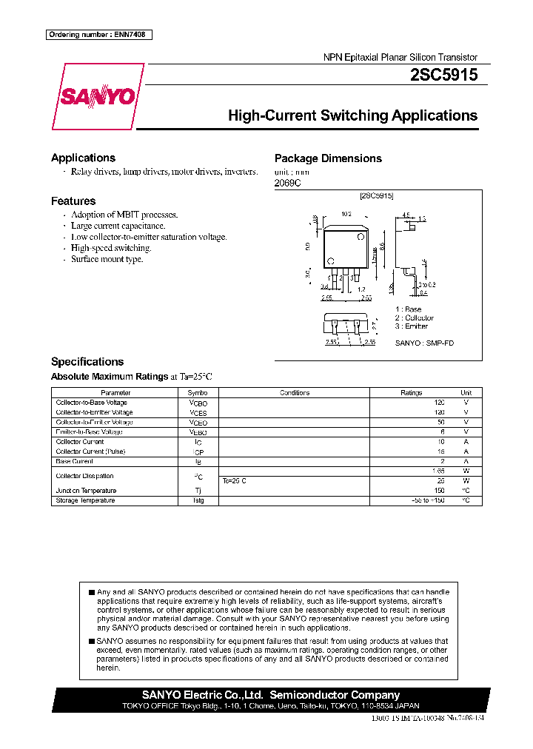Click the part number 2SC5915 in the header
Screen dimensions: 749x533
(x=443, y=75)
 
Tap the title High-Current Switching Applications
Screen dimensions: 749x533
(x=352, y=115)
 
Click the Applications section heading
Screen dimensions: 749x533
(x=83, y=158)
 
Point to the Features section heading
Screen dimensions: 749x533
(x=73, y=201)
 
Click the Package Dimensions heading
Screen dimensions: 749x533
(x=328, y=158)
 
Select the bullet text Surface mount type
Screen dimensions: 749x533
(x=107, y=259)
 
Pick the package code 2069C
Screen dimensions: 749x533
(x=288, y=183)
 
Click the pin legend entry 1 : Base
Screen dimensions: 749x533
(x=408, y=309)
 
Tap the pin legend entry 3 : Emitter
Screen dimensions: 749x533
(x=411, y=326)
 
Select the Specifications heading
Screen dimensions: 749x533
(x=87, y=362)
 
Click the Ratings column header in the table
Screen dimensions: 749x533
(x=412, y=393)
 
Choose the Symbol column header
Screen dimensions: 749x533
(x=198, y=393)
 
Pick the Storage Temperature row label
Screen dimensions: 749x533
(x=86, y=500)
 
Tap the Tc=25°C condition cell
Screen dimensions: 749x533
(x=235, y=481)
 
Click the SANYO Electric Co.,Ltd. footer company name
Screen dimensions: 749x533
(x=202, y=695)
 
